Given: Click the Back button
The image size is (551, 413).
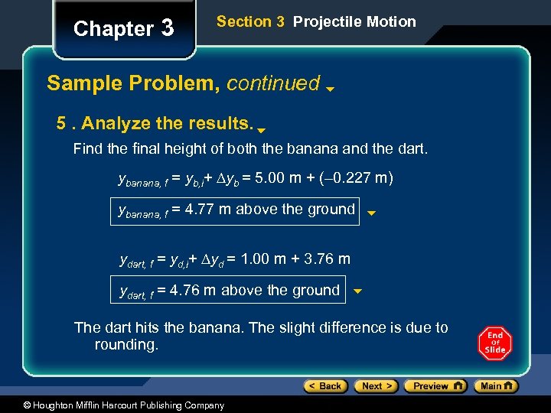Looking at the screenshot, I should (x=325, y=386).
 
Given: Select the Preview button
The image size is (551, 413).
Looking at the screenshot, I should (x=435, y=386).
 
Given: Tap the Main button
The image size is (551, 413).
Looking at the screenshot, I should (x=498, y=386).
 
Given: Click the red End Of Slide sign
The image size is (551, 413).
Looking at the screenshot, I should (x=495, y=343).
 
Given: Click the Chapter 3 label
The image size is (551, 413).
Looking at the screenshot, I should (x=123, y=29).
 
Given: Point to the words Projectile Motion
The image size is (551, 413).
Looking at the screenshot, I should (x=354, y=21).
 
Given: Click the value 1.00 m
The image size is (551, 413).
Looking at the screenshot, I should (x=263, y=259).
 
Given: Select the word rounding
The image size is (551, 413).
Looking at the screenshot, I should (x=126, y=345).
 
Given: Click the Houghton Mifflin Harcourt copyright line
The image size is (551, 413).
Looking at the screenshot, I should (x=113, y=405).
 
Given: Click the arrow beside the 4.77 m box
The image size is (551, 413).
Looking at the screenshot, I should (x=371, y=214).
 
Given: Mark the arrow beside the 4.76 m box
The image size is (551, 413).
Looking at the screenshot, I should (x=357, y=291).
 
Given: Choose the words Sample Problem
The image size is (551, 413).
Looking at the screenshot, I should (x=131, y=83).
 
